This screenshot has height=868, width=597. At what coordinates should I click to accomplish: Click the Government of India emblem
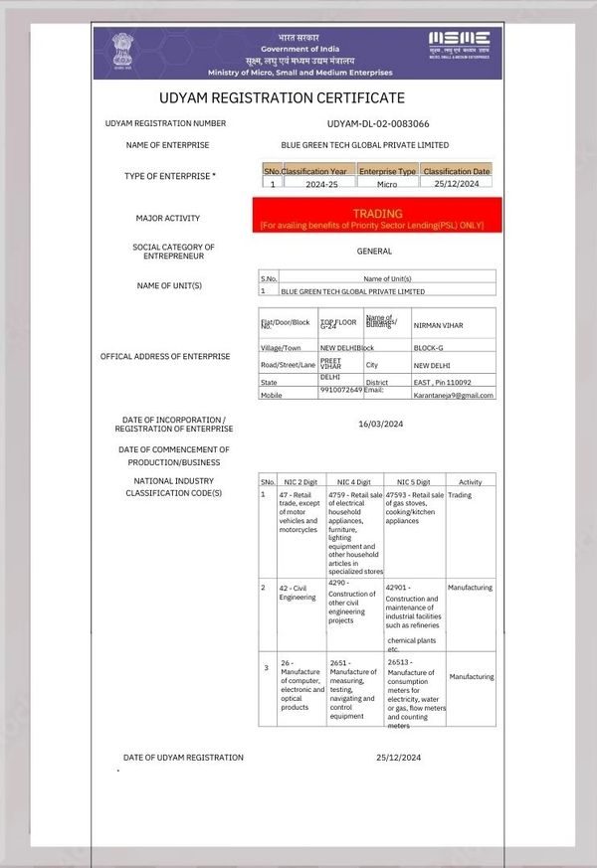click(122, 51)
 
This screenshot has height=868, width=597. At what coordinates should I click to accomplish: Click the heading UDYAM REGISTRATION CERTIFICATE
click(282, 97)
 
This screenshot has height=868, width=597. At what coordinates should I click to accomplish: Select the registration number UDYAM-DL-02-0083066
click(378, 123)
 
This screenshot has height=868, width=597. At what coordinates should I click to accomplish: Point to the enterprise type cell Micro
click(386, 184)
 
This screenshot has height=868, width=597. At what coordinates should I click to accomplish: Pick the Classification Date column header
click(457, 171)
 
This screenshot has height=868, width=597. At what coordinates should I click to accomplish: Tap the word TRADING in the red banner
click(377, 213)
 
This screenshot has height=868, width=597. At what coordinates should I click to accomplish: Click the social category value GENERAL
click(374, 252)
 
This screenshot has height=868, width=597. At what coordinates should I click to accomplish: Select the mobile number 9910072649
click(341, 391)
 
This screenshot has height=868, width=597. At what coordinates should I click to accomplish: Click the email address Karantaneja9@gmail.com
click(456, 395)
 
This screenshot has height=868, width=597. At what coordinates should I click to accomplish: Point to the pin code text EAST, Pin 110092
click(442, 382)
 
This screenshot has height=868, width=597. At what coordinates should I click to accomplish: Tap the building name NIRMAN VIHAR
click(438, 325)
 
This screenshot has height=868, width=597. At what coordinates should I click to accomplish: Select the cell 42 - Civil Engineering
click(298, 593)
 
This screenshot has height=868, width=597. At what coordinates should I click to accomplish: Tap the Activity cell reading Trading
click(460, 494)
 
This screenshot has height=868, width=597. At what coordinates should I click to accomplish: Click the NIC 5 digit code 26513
click(399, 661)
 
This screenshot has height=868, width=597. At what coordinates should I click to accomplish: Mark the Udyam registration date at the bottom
click(400, 758)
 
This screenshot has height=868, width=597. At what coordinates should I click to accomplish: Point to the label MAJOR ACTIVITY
click(168, 218)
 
